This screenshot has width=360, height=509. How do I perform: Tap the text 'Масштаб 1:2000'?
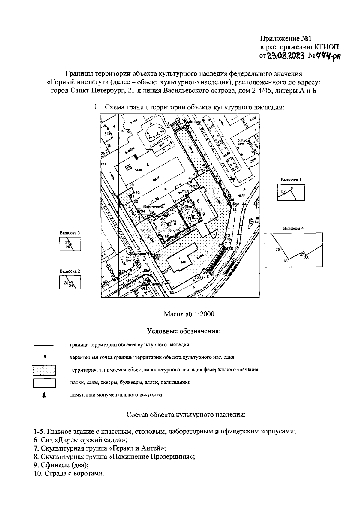click(189, 314)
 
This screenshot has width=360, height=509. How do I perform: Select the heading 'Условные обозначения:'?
click(184, 331)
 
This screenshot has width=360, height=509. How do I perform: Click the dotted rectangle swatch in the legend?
click(44, 370)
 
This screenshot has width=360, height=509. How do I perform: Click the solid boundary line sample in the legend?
click(44, 345)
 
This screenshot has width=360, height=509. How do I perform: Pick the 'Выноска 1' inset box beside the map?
click(291, 192)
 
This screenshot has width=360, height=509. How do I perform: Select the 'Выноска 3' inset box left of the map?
click(70, 244)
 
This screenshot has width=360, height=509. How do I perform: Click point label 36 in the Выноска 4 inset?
click(285, 261)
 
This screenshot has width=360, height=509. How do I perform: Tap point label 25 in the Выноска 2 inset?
click(66, 283)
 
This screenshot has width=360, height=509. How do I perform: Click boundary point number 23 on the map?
click(172, 293)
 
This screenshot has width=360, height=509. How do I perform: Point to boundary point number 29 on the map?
click(131, 185)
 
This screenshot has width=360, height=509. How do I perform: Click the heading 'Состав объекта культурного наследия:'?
click(186, 415)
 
